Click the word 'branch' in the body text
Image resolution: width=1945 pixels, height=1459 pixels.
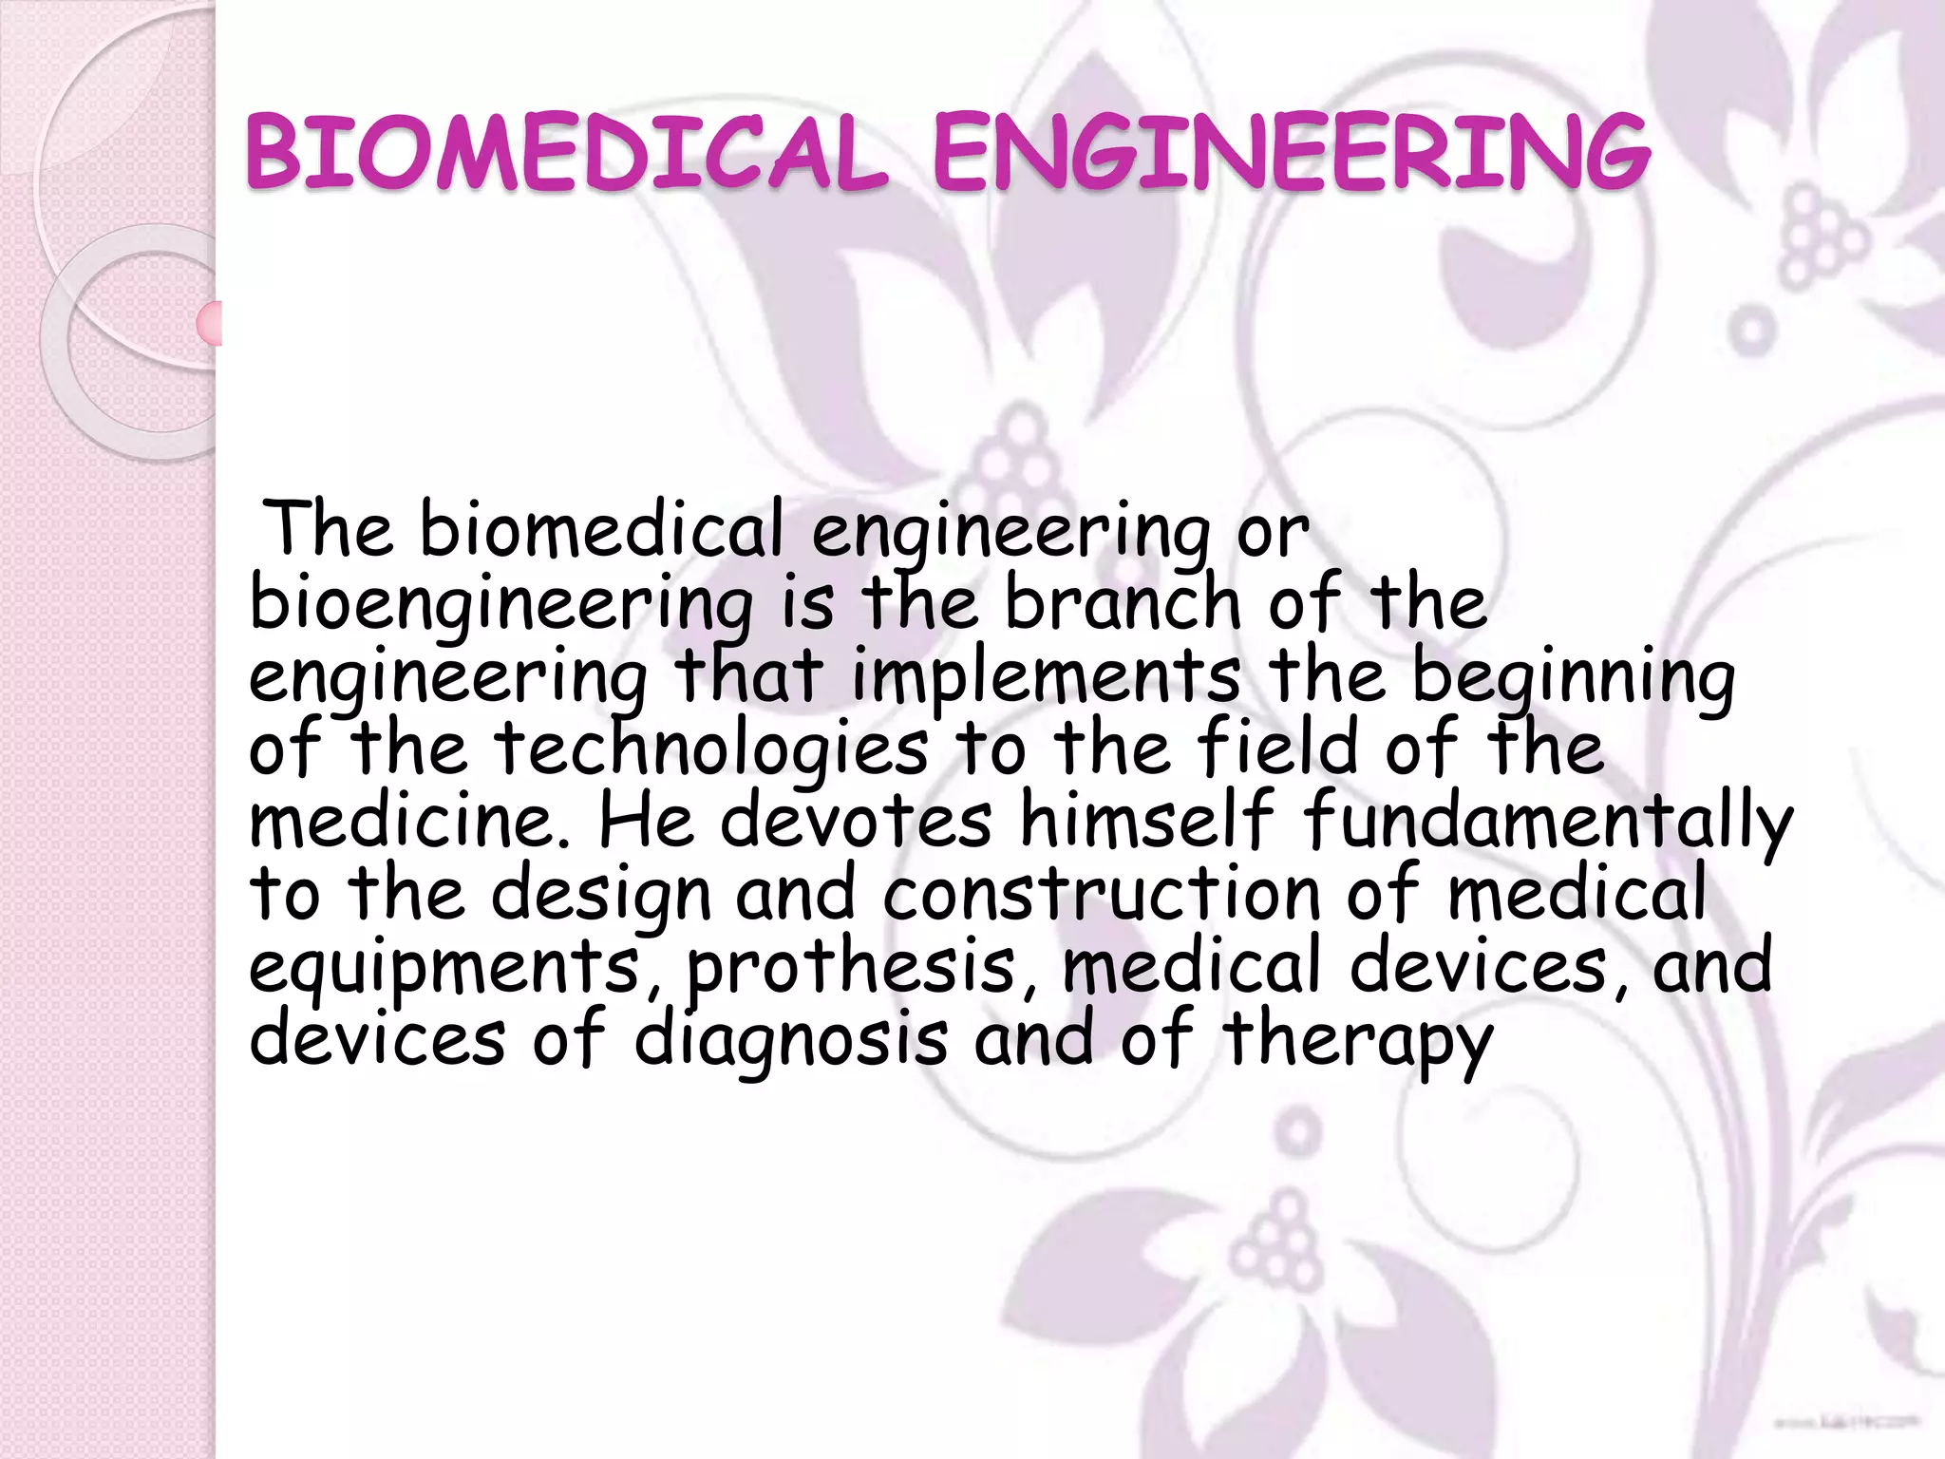tap(1124, 603)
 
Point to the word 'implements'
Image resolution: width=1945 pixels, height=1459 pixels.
tap(1046, 678)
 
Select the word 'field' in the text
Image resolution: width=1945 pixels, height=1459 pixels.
tap(1278, 748)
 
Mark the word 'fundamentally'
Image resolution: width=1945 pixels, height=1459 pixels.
tap(1548, 823)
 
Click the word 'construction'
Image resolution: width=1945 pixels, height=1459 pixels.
tap(1102, 895)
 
